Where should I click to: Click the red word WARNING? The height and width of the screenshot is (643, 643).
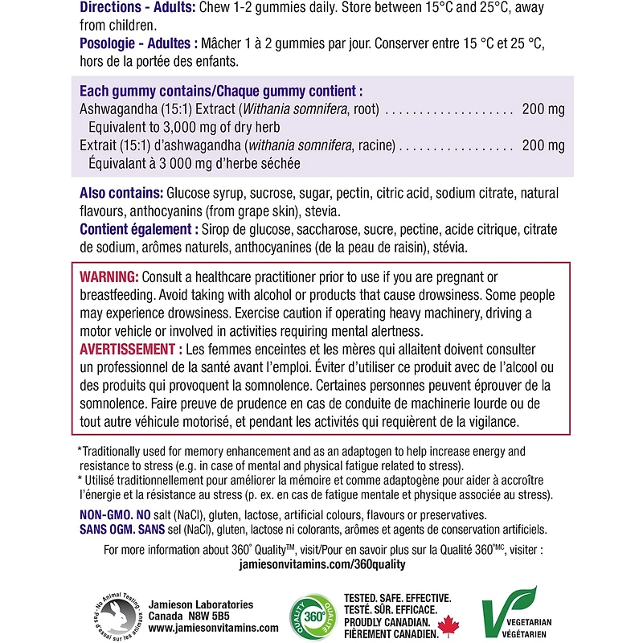click(x=109, y=276)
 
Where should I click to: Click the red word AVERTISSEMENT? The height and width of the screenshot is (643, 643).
click(x=129, y=350)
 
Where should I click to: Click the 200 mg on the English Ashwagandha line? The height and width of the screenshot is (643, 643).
click(x=543, y=109)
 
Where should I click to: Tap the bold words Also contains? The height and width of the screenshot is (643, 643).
click(x=121, y=194)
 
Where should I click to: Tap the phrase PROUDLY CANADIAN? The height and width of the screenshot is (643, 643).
click(x=391, y=622)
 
